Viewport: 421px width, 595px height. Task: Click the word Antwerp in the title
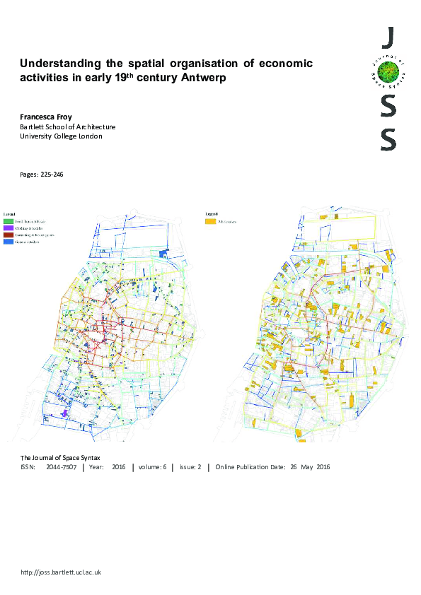(204, 78)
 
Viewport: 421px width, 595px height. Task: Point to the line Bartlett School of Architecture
(68, 126)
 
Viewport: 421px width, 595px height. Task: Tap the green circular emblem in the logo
(387, 71)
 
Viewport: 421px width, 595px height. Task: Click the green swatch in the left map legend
(8, 220)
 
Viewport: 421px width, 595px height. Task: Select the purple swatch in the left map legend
(8, 228)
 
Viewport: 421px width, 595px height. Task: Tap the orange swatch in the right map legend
(211, 221)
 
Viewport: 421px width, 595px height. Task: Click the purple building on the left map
(66, 413)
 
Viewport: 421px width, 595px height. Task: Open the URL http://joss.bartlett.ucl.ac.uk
(62, 572)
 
